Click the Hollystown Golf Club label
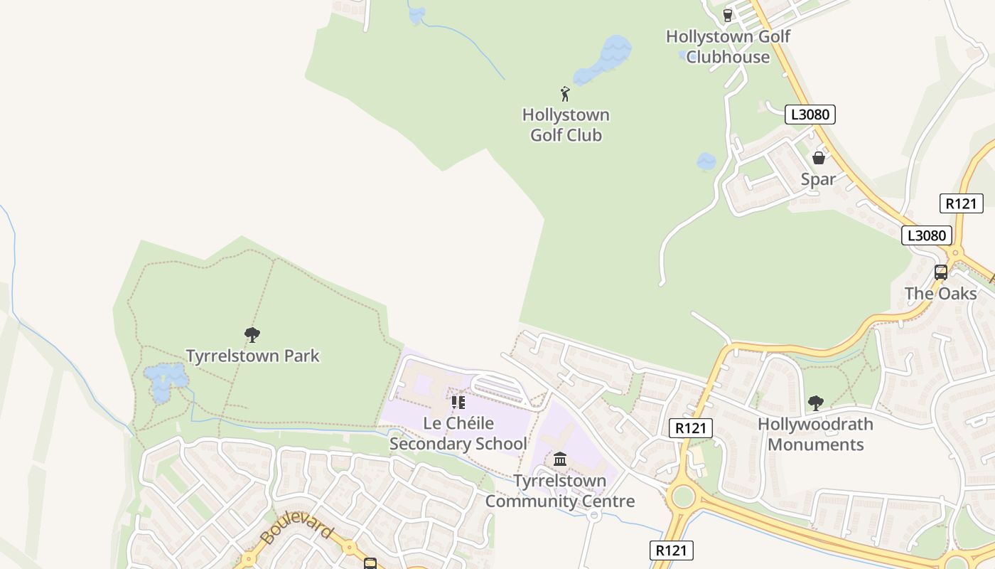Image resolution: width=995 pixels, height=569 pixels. (566, 125)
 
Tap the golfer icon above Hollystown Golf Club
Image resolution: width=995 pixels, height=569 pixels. (565, 94)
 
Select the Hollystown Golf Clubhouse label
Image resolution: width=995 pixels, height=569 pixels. (728, 47)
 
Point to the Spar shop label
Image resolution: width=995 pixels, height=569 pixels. (818, 179)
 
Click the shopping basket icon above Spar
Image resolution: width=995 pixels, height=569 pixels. (819, 158)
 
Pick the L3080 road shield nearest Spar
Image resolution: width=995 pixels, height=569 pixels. (810, 115)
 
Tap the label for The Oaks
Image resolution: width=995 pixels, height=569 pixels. (940, 293)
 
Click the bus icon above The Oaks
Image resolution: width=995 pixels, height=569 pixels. (940, 272)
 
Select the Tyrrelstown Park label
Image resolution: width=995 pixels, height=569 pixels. (252, 356)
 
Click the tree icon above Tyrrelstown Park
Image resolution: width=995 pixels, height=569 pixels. (252, 334)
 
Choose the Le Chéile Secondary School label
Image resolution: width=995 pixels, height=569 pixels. (458, 433)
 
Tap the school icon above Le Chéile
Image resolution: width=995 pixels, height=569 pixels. (458, 403)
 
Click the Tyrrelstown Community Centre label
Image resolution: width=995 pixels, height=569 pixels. (560, 491)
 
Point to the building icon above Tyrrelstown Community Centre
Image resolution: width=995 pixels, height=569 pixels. (560, 459)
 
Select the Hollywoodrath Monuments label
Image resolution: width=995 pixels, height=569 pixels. (815, 434)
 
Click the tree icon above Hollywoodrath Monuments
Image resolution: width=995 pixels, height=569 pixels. (815, 403)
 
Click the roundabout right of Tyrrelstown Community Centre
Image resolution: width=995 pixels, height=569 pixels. (682, 496)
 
